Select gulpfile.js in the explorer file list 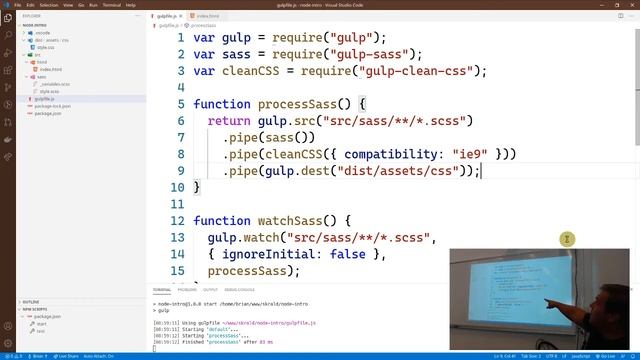point(44,99)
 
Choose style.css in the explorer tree point(47,47)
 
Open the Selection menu point(48,5)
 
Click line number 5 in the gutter point(180,104)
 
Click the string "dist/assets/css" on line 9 point(398,171)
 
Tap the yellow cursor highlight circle point(567,239)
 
